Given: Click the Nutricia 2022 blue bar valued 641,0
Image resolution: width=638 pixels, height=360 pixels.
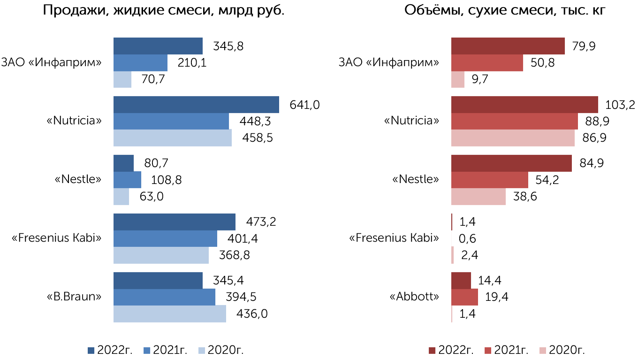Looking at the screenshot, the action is (x=196, y=105).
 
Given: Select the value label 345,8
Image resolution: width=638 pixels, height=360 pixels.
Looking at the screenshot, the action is (x=228, y=46).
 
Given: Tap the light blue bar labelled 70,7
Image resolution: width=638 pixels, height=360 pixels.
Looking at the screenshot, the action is (x=122, y=79).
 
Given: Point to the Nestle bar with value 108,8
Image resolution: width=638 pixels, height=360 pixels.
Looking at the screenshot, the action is (x=127, y=180).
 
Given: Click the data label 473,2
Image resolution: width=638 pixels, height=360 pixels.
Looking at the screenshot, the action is (x=261, y=222).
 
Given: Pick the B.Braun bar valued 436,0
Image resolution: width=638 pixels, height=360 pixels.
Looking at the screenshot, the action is (x=170, y=314).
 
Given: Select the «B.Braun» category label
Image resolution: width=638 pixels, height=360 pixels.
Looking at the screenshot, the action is (x=74, y=297).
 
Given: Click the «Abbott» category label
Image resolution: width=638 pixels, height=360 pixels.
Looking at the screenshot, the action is (x=414, y=297).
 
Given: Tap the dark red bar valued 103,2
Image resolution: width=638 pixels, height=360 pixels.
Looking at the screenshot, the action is (x=524, y=105).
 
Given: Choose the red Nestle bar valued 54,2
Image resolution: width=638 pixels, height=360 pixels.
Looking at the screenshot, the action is (x=490, y=180).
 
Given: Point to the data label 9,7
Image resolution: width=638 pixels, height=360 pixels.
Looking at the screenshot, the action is (x=480, y=79).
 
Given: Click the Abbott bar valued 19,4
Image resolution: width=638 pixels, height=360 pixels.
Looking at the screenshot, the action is (x=464, y=297).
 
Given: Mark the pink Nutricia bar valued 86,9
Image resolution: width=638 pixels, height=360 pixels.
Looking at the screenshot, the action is (x=513, y=138).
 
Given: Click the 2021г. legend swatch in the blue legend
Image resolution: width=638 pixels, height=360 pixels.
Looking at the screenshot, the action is (x=147, y=351).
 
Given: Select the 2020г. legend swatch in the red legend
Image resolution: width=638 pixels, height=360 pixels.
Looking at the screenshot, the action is (x=543, y=351).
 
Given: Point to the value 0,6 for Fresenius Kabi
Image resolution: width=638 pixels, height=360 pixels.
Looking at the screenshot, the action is (x=467, y=238).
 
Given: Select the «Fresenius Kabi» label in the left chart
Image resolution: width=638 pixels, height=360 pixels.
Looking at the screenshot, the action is (x=56, y=238).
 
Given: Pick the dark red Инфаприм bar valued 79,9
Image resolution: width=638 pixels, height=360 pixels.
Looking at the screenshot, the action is (x=508, y=46).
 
